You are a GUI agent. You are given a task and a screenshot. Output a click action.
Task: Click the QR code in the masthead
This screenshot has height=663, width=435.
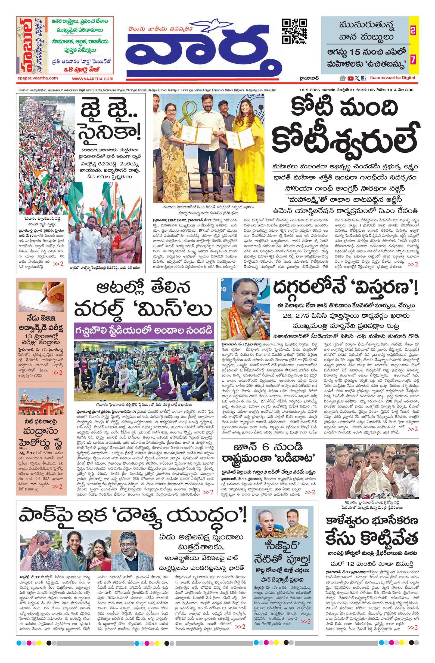tap(295, 31)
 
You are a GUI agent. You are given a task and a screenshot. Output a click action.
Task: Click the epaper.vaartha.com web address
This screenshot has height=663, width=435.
tap(38, 78)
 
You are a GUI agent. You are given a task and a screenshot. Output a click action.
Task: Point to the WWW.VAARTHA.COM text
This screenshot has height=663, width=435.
tap(92, 79)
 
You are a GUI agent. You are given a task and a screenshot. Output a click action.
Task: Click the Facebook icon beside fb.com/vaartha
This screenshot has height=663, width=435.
tap(363, 78)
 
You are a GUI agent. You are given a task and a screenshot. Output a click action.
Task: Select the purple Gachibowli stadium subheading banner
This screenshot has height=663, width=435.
tap(144, 331)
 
